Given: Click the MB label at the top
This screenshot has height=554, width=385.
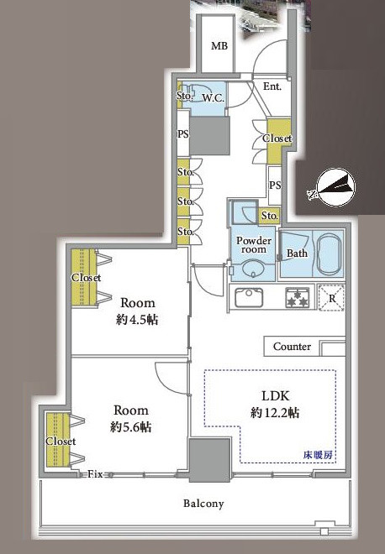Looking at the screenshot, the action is click(x=219, y=45).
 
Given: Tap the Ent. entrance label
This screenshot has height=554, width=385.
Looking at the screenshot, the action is click(x=272, y=86).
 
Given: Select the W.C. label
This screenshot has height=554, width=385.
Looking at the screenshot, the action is click(x=213, y=98).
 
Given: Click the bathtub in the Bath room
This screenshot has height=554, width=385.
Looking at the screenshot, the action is click(x=330, y=253).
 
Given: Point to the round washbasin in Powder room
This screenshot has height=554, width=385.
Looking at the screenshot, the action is click(x=253, y=270).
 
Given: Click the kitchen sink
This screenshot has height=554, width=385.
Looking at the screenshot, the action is click(x=249, y=297).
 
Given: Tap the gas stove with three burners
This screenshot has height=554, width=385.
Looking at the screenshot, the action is click(x=298, y=297).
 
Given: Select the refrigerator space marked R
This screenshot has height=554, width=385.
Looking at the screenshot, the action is click(x=331, y=297).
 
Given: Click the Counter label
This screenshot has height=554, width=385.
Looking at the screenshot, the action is click(x=292, y=347).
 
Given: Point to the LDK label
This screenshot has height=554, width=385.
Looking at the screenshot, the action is click(x=276, y=395).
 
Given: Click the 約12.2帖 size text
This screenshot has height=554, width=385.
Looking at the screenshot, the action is click(x=275, y=412).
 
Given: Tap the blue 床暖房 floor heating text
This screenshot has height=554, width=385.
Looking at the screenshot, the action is click(x=318, y=455).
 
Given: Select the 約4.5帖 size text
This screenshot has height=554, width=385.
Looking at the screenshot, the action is click(x=137, y=320).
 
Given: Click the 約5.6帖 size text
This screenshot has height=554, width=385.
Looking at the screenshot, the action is click(x=131, y=427).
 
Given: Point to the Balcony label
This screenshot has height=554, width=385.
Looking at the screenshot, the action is click(x=203, y=504).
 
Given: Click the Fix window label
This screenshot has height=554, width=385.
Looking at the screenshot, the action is click(x=95, y=473).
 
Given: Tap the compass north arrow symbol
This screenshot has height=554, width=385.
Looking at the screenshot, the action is click(x=335, y=187).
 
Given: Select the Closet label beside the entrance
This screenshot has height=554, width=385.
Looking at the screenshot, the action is click(x=277, y=138).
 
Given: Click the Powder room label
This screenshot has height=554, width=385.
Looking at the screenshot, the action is click(x=254, y=244).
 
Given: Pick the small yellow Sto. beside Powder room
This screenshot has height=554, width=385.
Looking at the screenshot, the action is click(x=270, y=215).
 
